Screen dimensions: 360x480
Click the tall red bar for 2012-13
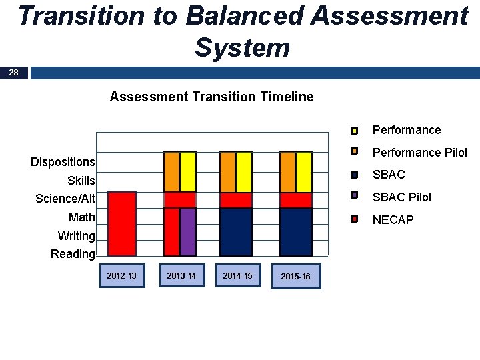[x=122, y=223]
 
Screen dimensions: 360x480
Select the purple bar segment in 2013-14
[x=188, y=231]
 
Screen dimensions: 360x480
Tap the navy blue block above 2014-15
[x=236, y=231]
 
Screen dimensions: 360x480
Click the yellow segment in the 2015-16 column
[x=304, y=172]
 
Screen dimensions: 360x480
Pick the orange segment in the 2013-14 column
[x=171, y=172]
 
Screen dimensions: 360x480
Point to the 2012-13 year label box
[x=121, y=275]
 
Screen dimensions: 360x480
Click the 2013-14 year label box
[x=181, y=275]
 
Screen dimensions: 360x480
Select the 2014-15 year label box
[x=237, y=275]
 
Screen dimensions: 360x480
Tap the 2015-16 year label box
[x=295, y=276]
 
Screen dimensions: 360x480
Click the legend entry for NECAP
[x=393, y=219]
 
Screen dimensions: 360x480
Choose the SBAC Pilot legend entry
[x=401, y=197]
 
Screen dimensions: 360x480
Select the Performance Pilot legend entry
[x=419, y=153]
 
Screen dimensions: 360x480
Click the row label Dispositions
[x=63, y=162]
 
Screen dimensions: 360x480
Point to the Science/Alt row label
[x=65, y=199]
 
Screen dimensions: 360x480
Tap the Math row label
[x=81, y=217]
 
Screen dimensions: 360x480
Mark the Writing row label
[x=76, y=236]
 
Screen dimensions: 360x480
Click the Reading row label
[x=73, y=254]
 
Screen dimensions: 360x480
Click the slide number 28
[x=14, y=73]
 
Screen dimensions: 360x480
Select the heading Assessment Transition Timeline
[x=211, y=97]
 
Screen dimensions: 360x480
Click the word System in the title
[x=243, y=47]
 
